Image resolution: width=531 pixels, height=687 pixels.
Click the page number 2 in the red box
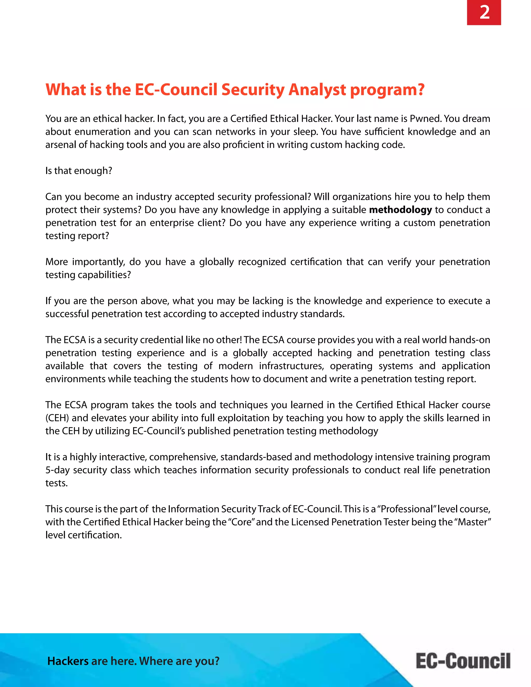point(484,13)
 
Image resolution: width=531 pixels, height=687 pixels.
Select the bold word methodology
point(400,210)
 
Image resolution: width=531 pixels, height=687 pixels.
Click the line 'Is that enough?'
point(79,171)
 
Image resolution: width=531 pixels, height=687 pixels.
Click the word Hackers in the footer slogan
point(68,661)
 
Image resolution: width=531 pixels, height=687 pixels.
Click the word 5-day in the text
point(57,470)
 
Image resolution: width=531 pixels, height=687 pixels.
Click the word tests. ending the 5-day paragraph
point(56,483)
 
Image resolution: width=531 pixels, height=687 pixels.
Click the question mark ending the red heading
point(421,90)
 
